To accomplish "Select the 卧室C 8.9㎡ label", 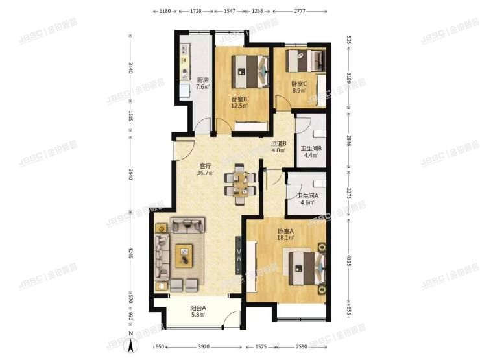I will [x=298, y=87].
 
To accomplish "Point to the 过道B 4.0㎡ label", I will [x=280, y=148].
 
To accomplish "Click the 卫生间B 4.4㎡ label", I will [x=309, y=151].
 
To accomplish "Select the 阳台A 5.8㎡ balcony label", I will [x=198, y=311].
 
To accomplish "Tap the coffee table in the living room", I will [x=185, y=254].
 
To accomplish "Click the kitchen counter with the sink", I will [x=184, y=69].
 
